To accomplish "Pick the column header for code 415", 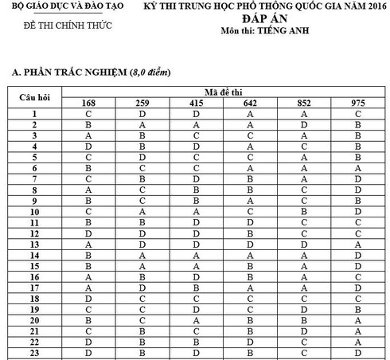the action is tap(195, 103).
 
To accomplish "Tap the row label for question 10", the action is tap(35, 212).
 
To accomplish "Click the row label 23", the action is tap(35, 354).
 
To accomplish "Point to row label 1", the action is tap(35, 114).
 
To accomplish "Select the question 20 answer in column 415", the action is tap(195, 322).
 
